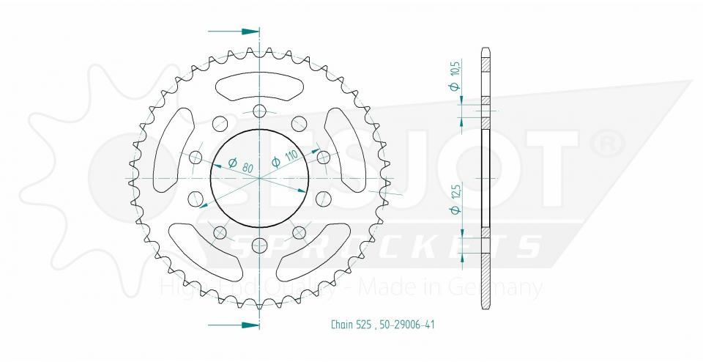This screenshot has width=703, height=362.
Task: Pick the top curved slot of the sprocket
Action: coord(259,87)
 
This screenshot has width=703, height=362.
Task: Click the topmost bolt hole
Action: coord(259,111)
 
